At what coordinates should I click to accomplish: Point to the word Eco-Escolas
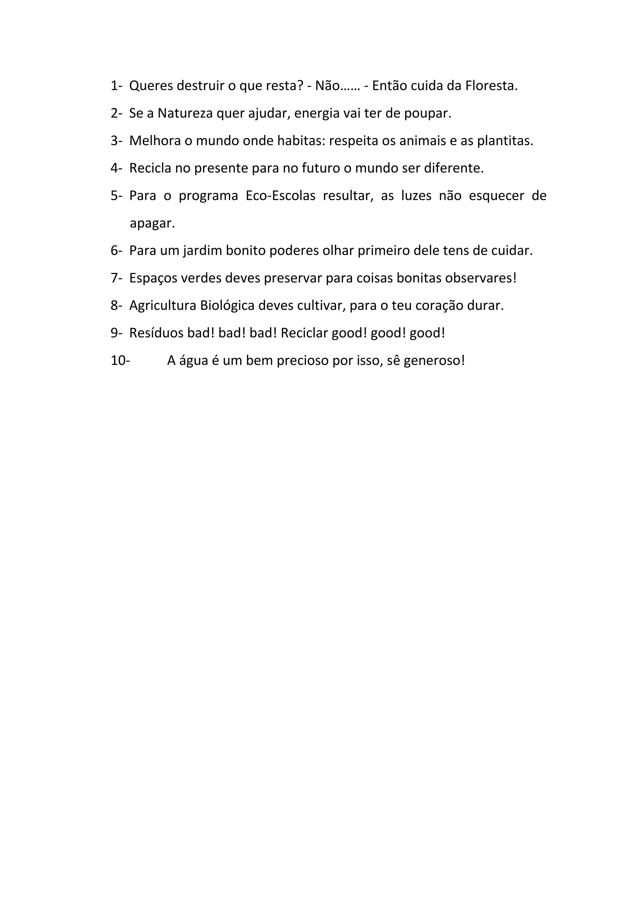(280, 196)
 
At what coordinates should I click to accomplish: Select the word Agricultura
(163, 306)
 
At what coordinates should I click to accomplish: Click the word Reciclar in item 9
(304, 333)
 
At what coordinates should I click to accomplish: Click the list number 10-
(120, 361)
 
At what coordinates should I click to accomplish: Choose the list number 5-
(116, 196)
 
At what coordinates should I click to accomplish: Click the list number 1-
(116, 86)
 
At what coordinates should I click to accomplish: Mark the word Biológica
(227, 306)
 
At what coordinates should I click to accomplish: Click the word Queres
(151, 86)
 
